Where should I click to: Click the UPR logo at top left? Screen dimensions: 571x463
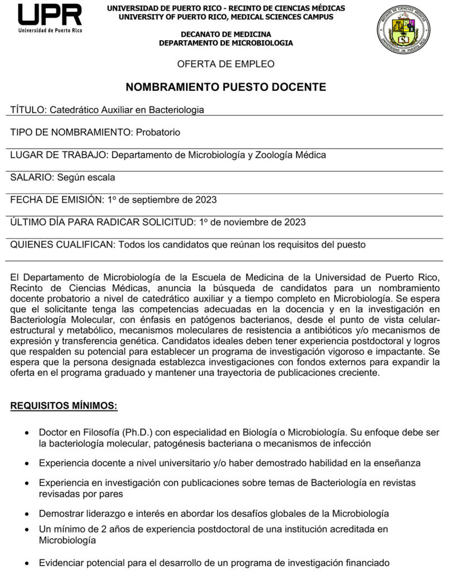pos(50,18)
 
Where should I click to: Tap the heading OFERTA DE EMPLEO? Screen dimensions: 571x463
pos(226,64)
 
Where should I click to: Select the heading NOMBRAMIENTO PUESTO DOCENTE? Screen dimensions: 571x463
pos(226,87)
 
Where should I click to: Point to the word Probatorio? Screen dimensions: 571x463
pos(158,132)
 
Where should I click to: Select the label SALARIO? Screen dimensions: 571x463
pos(31,177)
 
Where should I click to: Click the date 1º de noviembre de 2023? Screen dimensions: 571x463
pos(253,222)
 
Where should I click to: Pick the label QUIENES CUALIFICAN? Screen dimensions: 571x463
pos(62,244)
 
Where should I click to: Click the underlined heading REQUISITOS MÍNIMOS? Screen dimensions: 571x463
pos(64,406)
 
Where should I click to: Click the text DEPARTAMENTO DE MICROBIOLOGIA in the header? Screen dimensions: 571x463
pos(226,43)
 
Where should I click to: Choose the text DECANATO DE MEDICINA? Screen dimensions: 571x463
pos(226,35)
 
